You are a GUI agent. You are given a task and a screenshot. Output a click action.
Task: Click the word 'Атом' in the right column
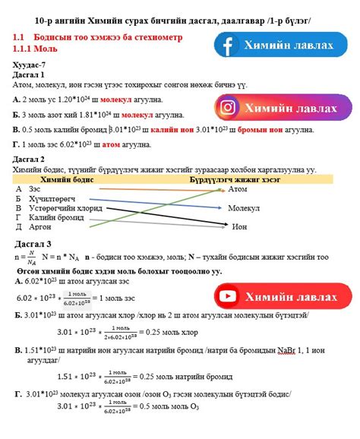click(x=238, y=189)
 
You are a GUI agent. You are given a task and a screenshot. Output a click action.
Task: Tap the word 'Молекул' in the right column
click(x=243, y=207)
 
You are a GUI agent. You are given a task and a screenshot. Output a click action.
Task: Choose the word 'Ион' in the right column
click(x=239, y=226)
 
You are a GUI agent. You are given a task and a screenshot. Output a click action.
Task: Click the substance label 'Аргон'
click(x=41, y=226)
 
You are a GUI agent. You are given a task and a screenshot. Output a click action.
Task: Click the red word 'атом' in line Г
click(x=110, y=144)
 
